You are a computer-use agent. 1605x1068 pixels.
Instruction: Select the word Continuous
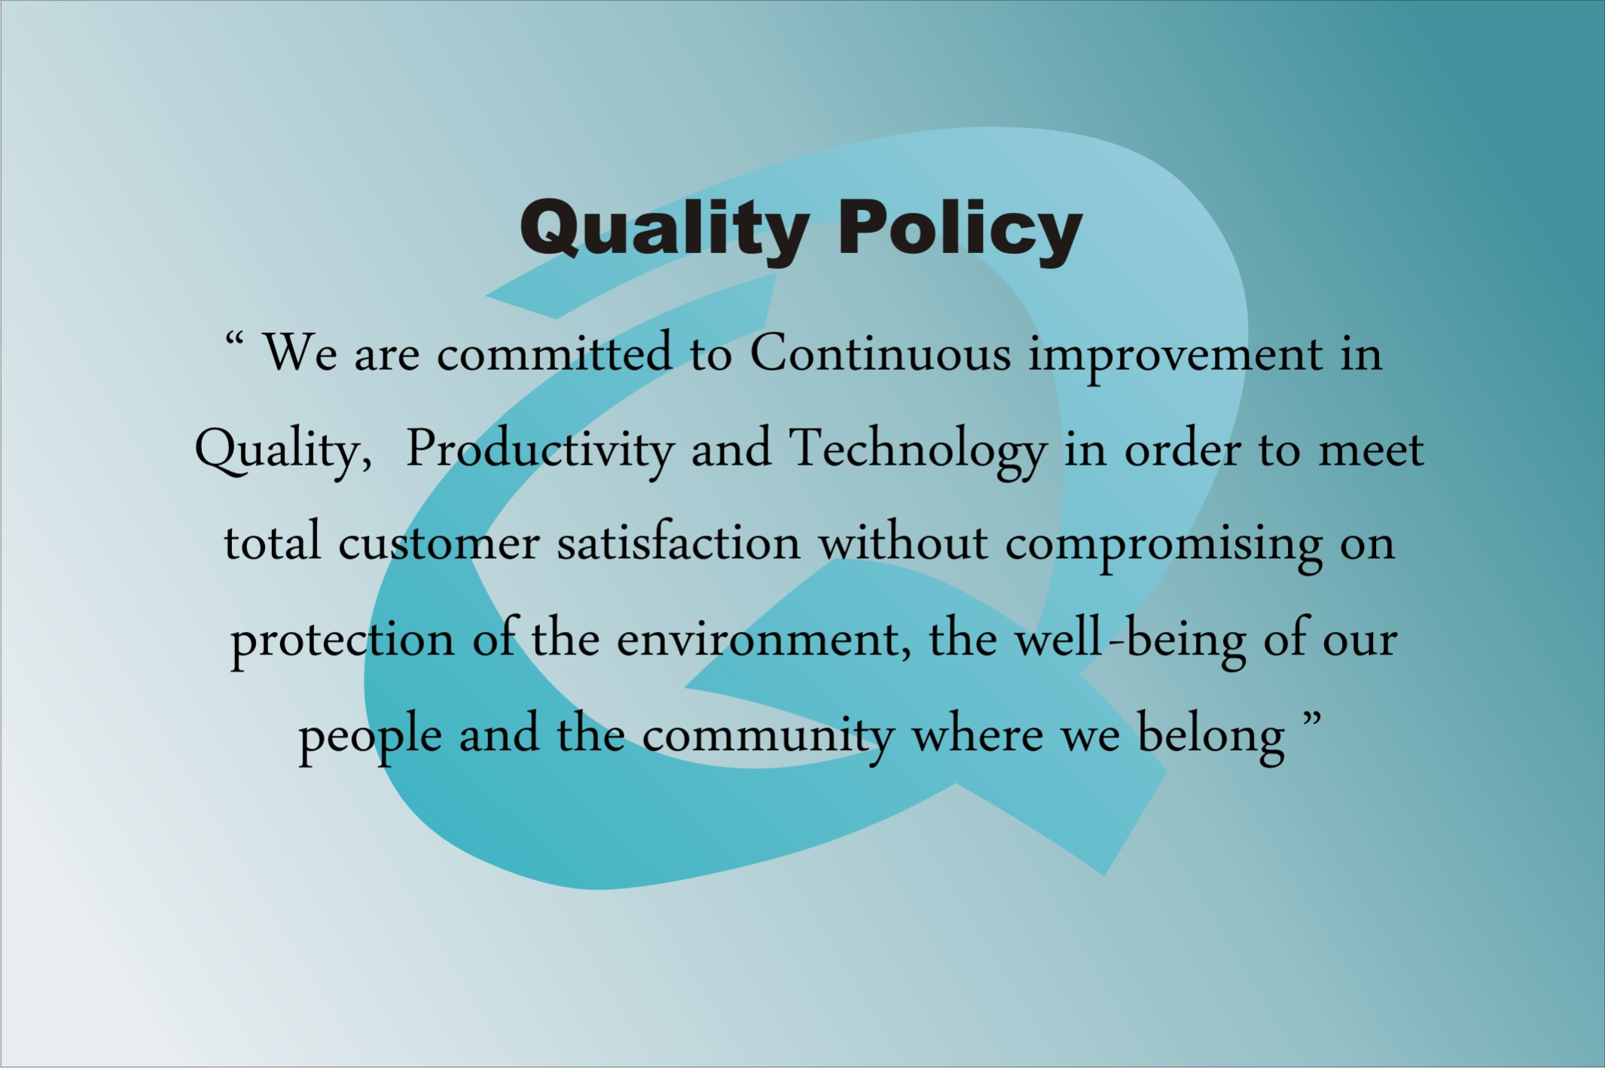880,352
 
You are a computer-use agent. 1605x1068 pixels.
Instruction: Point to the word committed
554,352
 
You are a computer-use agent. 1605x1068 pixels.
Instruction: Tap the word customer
438,544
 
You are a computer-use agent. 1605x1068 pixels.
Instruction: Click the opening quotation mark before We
233,340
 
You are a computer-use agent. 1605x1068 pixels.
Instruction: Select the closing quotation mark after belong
1312,719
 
